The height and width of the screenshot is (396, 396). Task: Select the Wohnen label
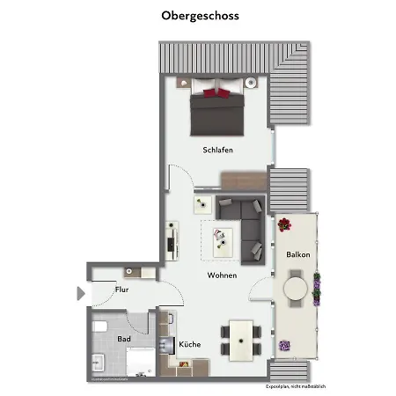[222, 275]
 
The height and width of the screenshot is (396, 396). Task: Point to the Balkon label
[297, 254]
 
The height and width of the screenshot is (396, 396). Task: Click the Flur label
[122, 290]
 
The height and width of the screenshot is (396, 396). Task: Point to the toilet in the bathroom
[100, 326]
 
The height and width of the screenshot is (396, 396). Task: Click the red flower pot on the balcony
[283, 225]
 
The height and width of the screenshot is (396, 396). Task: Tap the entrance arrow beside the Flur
[81, 293]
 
